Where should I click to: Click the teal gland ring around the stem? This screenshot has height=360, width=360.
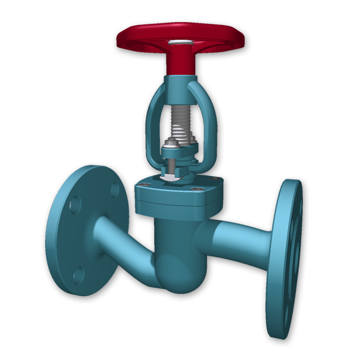[x=180, y=154]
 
